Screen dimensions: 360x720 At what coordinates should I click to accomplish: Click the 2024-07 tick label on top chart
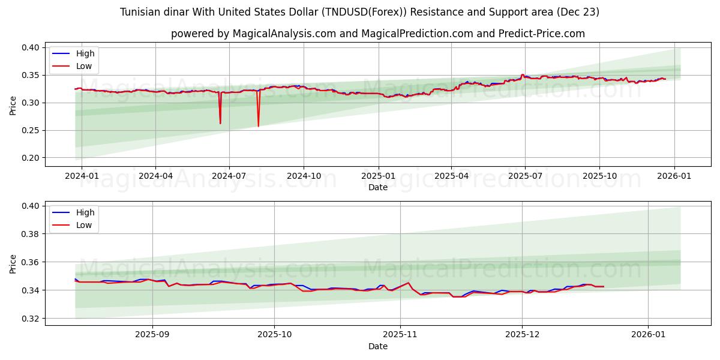click(229, 176)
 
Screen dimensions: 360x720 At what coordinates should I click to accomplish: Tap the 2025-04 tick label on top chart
click(451, 176)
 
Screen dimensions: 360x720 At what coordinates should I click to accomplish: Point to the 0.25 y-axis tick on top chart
click(31, 130)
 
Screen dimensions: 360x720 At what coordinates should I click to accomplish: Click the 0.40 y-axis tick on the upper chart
click(31, 47)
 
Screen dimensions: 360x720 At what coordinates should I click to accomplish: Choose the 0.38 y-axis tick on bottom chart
click(31, 234)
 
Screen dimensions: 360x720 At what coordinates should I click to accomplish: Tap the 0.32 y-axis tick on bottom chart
click(31, 319)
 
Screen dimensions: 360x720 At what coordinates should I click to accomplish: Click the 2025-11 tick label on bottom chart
click(400, 335)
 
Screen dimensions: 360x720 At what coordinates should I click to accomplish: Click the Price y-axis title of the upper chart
click(13, 105)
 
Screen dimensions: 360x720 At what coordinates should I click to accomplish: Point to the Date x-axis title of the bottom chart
click(378, 346)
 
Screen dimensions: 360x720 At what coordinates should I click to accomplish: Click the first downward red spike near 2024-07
click(220, 122)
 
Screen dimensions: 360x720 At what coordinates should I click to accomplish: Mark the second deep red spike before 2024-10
click(259, 125)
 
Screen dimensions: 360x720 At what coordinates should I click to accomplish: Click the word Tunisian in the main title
click(139, 12)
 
